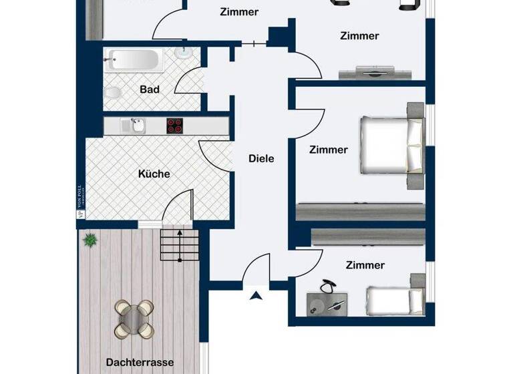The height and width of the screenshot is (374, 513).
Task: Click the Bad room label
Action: click(150, 89)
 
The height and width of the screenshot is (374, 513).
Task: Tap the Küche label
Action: click(154, 174)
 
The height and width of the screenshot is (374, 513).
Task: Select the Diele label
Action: click(261, 158)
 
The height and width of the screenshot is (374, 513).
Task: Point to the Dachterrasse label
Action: click(140, 363)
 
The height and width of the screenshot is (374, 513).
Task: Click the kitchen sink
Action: click(137, 125)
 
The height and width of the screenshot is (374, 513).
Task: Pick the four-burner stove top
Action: click(174, 125)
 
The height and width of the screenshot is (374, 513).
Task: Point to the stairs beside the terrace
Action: click(179, 245)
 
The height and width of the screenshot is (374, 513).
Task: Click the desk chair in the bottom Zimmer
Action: click(327, 287)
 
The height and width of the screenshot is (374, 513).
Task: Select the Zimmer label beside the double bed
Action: click(328, 150)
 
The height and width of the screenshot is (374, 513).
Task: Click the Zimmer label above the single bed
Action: click(365, 265)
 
